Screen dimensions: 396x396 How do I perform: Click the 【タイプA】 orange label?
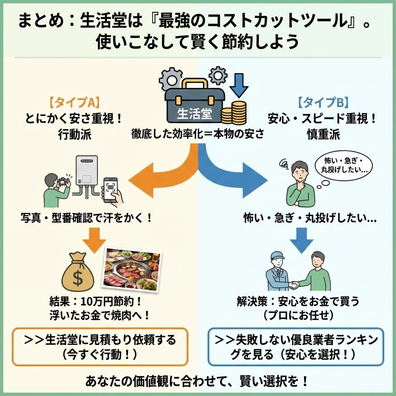pyautogui.click(x=75, y=102)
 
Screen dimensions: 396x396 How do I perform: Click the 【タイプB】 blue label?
pyautogui.click(x=323, y=102)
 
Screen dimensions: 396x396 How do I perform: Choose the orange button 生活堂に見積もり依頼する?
pyautogui.click(x=100, y=346)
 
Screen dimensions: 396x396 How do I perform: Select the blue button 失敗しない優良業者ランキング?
pyautogui.click(x=296, y=346)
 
